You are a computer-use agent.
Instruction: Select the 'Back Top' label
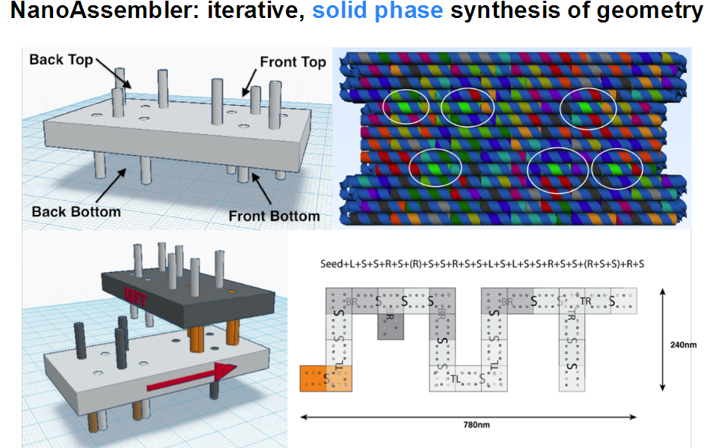(x=61, y=59)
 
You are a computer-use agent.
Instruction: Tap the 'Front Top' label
(x=293, y=63)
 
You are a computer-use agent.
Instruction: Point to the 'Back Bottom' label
(x=76, y=212)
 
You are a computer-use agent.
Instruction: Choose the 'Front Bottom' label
(x=274, y=217)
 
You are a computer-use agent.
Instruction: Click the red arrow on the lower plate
(x=192, y=378)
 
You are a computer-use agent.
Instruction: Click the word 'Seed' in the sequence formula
(x=330, y=264)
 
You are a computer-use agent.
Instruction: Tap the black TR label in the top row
(x=586, y=301)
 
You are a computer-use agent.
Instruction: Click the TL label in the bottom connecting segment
(x=456, y=379)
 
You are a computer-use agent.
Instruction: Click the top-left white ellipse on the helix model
(x=406, y=106)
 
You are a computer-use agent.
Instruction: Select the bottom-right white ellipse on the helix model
(x=617, y=170)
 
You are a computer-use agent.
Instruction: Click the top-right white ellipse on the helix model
(x=588, y=107)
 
